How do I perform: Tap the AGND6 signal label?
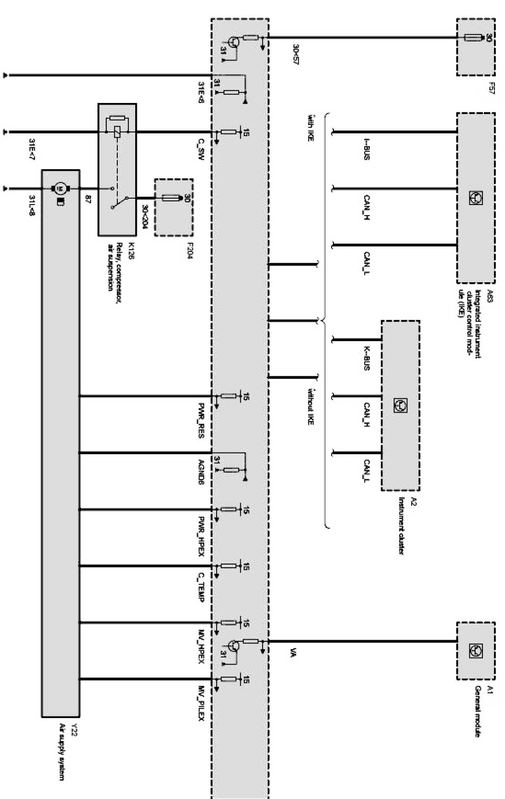200,472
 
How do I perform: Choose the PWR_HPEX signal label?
200,536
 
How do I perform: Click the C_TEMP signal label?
200,587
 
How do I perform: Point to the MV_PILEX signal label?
200,702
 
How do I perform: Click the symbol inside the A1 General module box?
476,651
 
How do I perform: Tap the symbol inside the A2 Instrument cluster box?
400,405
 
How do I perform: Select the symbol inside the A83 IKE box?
476,198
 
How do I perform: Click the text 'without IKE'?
310,406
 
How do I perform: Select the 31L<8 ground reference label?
32,206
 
